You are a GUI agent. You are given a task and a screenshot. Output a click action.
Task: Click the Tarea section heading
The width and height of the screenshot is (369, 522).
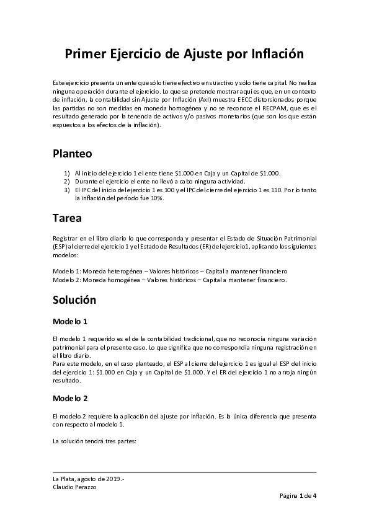pos(67,218)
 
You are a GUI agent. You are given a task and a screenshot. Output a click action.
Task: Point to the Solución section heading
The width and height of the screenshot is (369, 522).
pos(74,300)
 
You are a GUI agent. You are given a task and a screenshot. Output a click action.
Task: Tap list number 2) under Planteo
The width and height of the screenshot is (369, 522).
pos(67,180)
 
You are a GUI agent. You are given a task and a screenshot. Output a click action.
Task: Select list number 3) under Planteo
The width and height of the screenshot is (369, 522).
pos(67,189)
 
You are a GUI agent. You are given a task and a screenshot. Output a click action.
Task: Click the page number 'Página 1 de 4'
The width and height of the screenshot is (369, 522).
pos(298,496)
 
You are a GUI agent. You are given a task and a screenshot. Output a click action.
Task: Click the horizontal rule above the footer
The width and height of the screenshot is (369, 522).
pos(184,472)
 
